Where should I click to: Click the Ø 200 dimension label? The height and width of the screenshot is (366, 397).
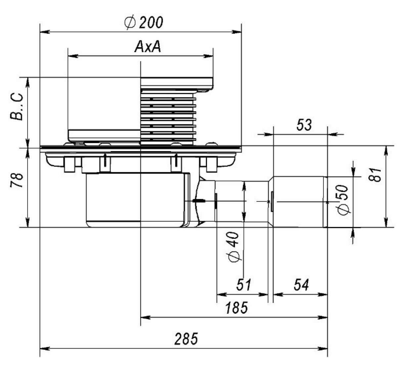tap(144, 23)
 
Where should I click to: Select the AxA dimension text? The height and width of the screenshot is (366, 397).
tap(148, 47)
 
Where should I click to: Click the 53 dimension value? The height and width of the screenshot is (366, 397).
tap(303, 125)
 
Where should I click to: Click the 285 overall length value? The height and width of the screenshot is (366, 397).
tap(186, 339)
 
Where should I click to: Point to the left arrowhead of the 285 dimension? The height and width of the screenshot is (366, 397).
tap(43, 348)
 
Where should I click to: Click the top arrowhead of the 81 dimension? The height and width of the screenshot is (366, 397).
tap(385, 150)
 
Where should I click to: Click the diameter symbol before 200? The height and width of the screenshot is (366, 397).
tap(129, 23)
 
